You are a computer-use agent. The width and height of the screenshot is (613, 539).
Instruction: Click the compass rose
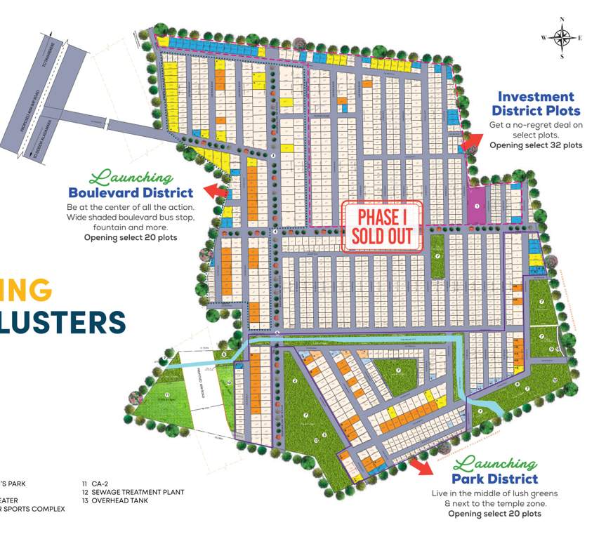tap(562, 37)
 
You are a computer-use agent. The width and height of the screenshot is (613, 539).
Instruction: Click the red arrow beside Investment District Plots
tap(471, 142)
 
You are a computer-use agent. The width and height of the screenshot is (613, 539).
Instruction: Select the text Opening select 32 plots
tap(535, 145)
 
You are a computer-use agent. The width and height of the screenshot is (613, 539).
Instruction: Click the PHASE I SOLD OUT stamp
tap(381, 226)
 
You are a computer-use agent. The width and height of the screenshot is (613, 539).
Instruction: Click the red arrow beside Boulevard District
tap(216, 190)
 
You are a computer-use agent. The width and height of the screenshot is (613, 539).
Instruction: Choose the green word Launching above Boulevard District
tap(131, 177)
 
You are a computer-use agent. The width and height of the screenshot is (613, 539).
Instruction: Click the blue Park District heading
tap(494, 479)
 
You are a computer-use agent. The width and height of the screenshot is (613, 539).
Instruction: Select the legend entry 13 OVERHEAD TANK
tap(115, 501)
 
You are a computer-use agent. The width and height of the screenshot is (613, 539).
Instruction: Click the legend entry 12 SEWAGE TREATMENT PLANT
tap(133, 492)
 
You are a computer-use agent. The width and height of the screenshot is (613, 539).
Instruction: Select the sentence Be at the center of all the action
tap(131, 208)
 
